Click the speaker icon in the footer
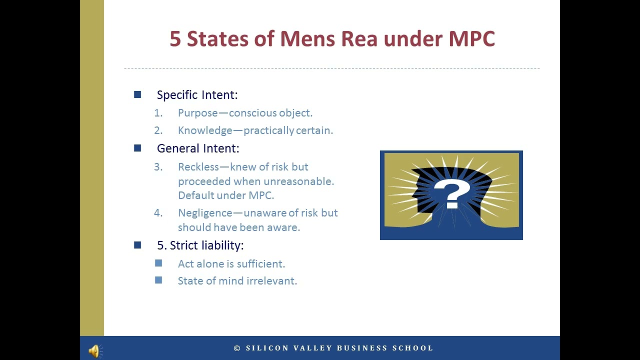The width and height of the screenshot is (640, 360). tap(94, 351)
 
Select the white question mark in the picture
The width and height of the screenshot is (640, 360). tap(451, 194)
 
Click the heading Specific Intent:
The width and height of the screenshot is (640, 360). tap(197, 95)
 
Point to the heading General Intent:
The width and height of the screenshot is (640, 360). tap(198, 148)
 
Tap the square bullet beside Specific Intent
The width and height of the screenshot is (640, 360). tap(137, 94)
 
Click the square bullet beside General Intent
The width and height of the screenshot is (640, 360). tap(137, 148)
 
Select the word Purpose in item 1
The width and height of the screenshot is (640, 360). tap(198, 113)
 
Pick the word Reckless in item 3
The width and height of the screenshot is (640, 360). tap(198, 167)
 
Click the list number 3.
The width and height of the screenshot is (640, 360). tap(158, 167)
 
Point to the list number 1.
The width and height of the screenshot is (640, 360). tap(158, 113)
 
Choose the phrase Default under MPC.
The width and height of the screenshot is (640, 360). tap(226, 195)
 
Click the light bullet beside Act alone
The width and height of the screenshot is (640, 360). tap(158, 263)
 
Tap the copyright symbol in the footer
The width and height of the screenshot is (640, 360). tap(237, 348)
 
